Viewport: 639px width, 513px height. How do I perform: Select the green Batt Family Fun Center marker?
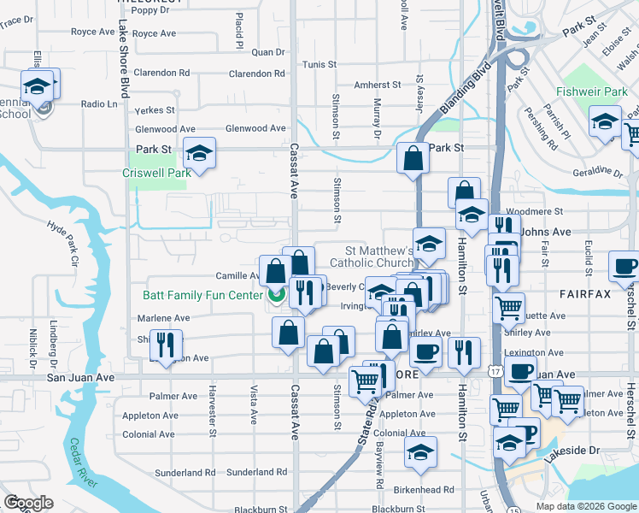click(276, 296)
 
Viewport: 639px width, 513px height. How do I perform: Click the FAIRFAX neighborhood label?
click(585, 294)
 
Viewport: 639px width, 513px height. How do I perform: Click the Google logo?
click(28, 503)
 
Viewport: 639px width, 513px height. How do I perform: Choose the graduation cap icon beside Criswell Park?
click(200, 153)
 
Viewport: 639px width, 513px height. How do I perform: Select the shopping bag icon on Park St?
click(413, 158)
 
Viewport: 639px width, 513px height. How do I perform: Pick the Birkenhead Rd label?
click(425, 490)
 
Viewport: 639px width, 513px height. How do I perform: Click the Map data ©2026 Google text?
click(586, 505)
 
